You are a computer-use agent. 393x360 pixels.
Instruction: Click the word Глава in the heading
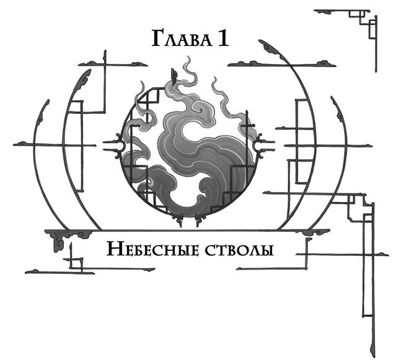[180, 40]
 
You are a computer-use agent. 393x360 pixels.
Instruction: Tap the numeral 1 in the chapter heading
[222, 40]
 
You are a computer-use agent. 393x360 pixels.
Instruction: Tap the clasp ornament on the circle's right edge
[265, 145]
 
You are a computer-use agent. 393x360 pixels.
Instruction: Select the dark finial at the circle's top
[175, 77]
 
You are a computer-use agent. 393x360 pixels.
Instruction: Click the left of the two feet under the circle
[180, 219]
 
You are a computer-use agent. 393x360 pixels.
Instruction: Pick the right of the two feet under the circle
[198, 219]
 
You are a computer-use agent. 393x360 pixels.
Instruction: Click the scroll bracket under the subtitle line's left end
[62, 238]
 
